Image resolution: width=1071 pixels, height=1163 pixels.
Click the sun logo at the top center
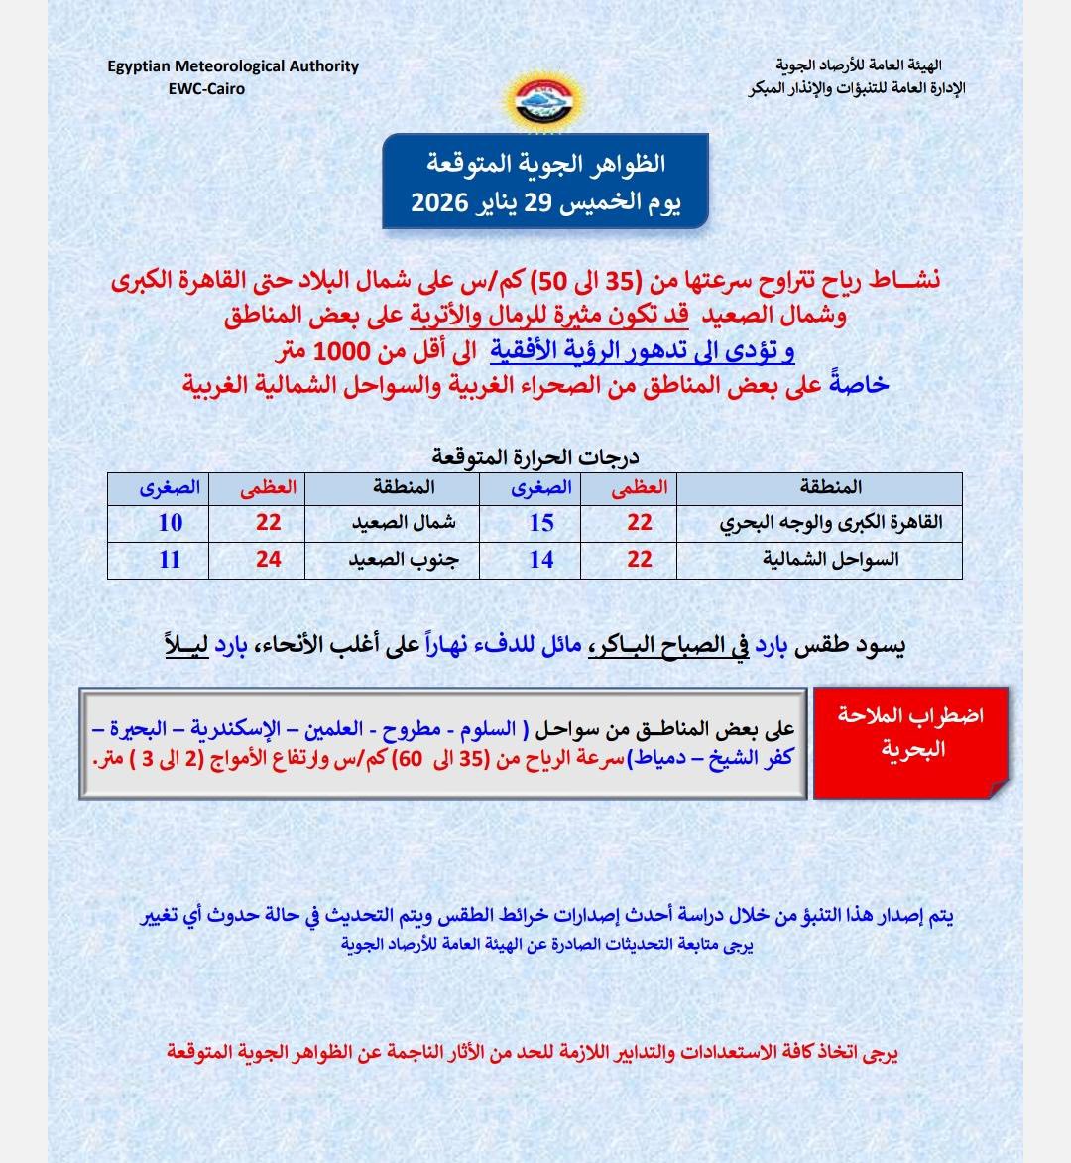pos(544,99)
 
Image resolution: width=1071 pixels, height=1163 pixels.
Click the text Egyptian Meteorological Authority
pos(233,66)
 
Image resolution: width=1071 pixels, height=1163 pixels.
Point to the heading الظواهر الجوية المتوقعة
pos(545,163)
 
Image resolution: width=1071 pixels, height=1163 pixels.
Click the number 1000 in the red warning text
pos(341,351)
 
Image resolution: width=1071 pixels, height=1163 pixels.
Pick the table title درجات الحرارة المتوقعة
pos(535,456)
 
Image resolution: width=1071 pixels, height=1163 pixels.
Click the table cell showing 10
pos(171,523)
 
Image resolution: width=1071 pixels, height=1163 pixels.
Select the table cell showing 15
pos(540,523)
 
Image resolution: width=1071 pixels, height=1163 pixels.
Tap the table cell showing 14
pos(540,560)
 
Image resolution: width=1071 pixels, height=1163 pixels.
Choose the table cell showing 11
pos(171,560)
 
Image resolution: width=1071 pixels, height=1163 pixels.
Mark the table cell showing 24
pos(269,560)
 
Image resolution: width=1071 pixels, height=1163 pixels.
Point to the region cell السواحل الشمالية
pos(830,560)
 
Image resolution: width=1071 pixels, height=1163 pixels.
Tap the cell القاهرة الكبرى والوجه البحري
pos(830,523)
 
